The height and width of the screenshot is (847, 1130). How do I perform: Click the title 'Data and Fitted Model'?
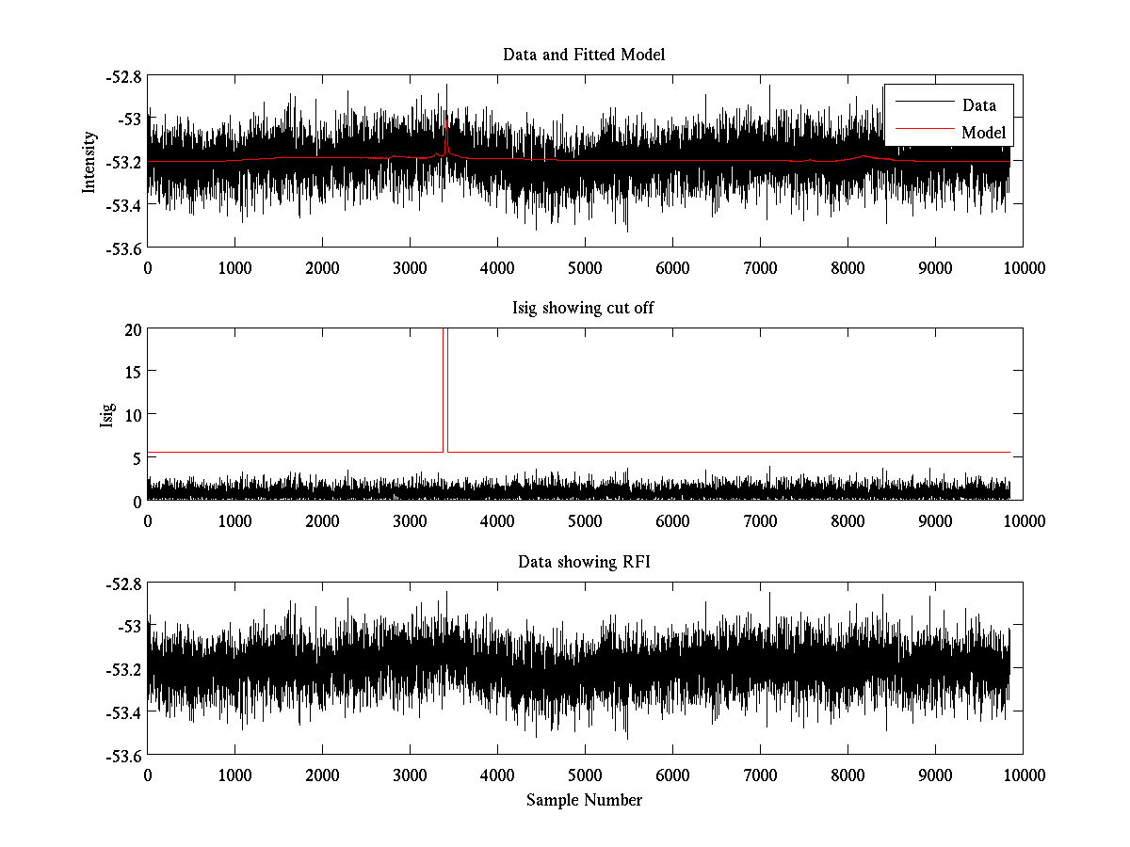coord(584,55)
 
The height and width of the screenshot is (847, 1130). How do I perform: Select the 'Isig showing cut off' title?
coord(584,309)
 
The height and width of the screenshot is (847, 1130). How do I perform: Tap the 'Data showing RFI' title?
coord(584,562)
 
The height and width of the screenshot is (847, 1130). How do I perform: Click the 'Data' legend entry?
coord(979,105)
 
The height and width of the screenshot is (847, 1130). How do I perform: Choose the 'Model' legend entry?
coord(983,133)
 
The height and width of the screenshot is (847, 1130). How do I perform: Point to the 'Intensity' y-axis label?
coord(89,162)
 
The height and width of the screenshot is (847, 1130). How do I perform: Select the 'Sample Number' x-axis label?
coord(584,800)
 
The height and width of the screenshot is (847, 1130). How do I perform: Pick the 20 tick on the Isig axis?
coord(131,329)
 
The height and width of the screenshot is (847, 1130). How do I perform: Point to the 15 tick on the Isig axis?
coord(131,373)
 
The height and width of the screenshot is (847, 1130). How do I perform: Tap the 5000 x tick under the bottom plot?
coord(585,775)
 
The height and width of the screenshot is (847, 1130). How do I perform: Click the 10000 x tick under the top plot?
coord(1023,267)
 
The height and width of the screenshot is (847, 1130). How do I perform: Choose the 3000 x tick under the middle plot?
coord(410,520)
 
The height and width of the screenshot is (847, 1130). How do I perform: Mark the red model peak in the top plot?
coord(445,127)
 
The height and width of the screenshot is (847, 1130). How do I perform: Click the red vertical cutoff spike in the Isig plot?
coord(444,395)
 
